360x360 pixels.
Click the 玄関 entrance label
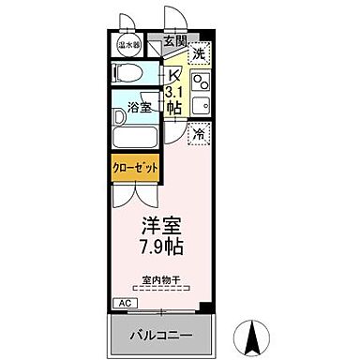coord(174,41)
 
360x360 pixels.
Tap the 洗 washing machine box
coord(199,54)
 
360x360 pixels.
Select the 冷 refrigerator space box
coord(199,135)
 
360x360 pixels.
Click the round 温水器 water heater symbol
coord(127,44)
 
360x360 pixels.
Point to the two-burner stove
coord(200,78)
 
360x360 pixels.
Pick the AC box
coord(124,304)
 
